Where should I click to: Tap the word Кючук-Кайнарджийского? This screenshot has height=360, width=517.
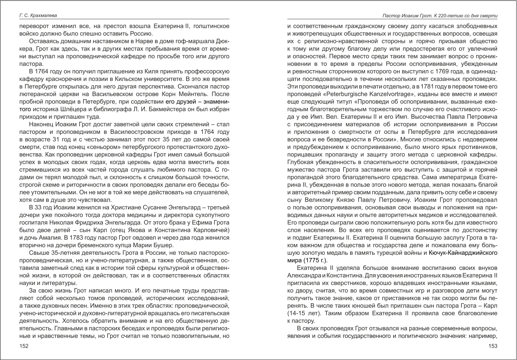click(463, 253)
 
